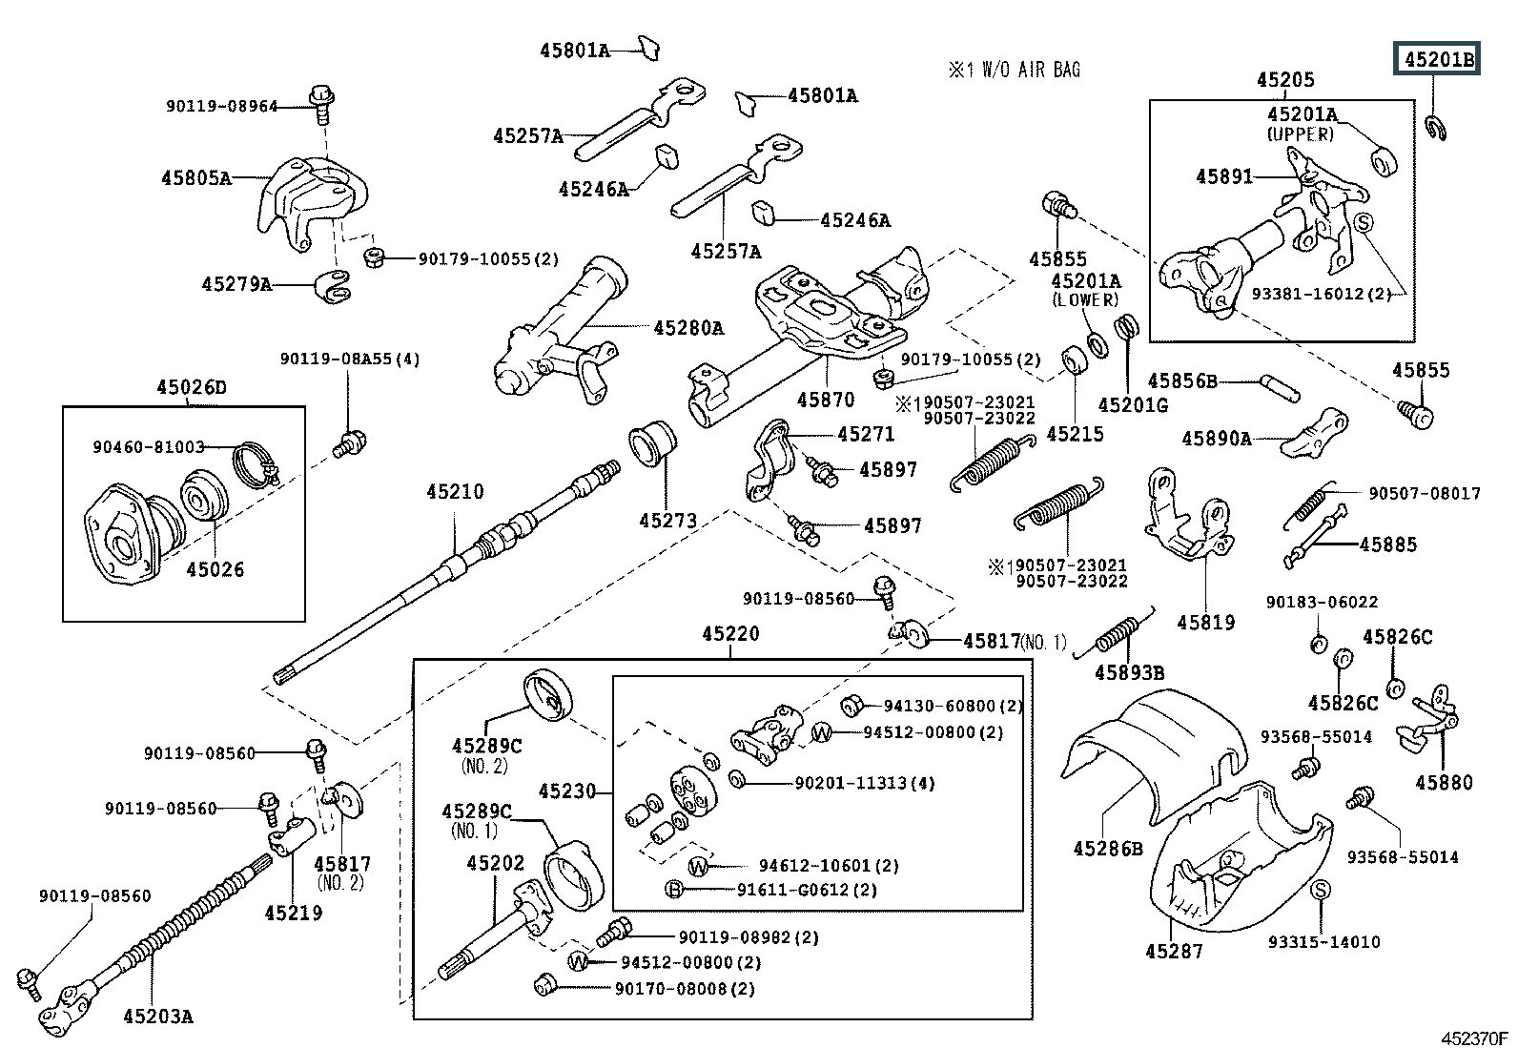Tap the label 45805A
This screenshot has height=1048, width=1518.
(195, 177)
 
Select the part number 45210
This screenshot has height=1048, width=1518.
(455, 492)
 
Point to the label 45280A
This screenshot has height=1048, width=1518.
(688, 329)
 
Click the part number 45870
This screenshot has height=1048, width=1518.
(826, 400)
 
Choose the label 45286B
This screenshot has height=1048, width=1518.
(1107, 848)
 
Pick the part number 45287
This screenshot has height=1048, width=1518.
(1174, 951)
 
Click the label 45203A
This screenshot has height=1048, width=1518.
(157, 1017)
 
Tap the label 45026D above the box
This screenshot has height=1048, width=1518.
(192, 388)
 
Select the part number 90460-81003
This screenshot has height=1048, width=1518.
(149, 446)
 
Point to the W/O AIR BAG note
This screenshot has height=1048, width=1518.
(1015, 70)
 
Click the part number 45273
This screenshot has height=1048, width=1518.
(667, 521)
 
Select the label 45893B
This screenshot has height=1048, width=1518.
(1129, 672)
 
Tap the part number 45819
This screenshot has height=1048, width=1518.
(1205, 623)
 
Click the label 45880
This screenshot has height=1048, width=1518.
(1444, 783)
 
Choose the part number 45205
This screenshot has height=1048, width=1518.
(1284, 81)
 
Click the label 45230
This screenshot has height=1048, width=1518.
(566, 791)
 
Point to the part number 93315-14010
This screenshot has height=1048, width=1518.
(1323, 942)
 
